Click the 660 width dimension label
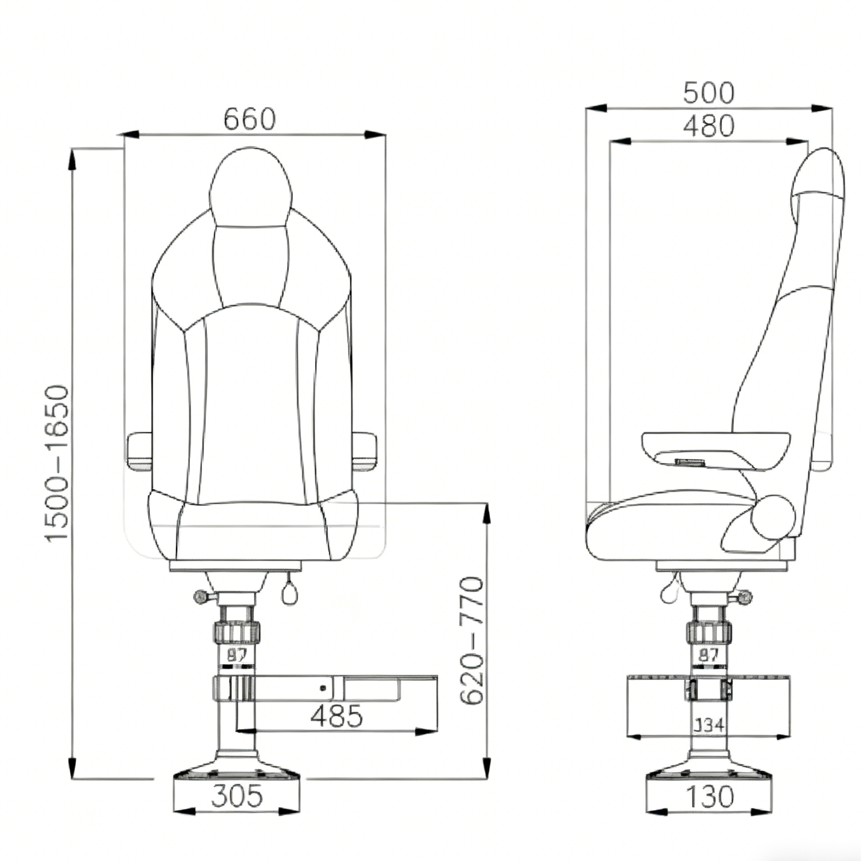coord(250,119)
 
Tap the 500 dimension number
coord(709,93)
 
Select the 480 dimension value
coord(709,126)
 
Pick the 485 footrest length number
coord(336,716)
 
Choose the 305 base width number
coord(237,796)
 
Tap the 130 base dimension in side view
coord(710,797)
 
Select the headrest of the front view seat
coord(250,188)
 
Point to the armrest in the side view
coord(716,449)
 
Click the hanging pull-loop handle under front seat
coord(289,594)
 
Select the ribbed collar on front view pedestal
coord(237,632)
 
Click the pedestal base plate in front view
coord(237,774)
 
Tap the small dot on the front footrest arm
coord(323,689)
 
